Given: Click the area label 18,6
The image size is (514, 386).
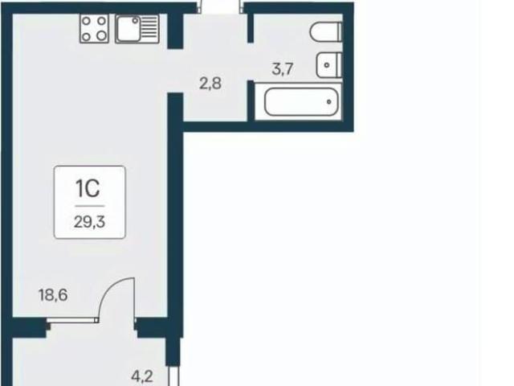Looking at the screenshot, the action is (53, 295).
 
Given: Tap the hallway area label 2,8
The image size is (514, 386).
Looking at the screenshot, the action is (210, 84).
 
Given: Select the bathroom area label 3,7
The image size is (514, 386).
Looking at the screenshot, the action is (283, 69).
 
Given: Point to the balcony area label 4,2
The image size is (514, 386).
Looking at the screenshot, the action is (142, 376).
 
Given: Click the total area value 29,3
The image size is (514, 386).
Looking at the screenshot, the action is (89, 222).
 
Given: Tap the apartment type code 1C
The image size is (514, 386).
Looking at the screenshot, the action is (88, 189).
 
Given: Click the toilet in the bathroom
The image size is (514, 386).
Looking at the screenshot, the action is (326, 32).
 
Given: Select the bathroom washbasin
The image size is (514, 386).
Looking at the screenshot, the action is (329, 65).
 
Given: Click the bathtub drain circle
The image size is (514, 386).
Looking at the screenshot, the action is (328, 102).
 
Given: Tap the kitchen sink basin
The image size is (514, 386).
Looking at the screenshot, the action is (128, 29).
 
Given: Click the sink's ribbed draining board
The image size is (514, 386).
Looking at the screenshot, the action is (150, 29).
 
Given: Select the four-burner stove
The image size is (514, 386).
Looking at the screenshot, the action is (94, 29).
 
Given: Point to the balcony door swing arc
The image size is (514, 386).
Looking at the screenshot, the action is (111, 288).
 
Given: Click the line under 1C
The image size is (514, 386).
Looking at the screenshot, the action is (89, 206).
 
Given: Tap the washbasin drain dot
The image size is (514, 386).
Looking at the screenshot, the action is (327, 65).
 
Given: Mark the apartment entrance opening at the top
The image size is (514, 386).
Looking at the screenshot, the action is (220, 7).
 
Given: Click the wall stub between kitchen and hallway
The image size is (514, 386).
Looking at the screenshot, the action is (175, 31).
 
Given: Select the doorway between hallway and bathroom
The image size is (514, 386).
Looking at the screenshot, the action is (251, 61).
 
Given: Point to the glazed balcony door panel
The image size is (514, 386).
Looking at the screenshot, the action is (72, 320).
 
